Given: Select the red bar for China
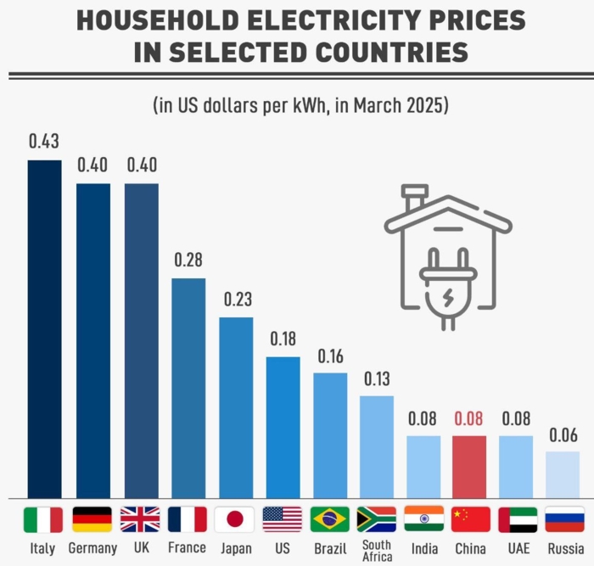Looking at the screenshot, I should pos(469,467).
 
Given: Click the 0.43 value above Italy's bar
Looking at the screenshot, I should pos(44,142).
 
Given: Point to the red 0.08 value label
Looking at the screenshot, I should pos(469,418).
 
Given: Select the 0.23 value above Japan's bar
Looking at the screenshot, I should pos(236,300).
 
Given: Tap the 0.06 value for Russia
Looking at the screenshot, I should pos(563,435).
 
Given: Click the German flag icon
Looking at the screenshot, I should pos(92,518).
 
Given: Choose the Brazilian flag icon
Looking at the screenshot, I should pos(329,518).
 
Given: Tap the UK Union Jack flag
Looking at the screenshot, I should pos(140,518).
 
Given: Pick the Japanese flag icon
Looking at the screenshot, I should pos(235,518).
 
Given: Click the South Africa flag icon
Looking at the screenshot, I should pos(377,518).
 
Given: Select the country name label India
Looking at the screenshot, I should pos(423,548).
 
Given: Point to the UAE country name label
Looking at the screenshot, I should pos(516,548).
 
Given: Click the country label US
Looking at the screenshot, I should pos(282,548).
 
